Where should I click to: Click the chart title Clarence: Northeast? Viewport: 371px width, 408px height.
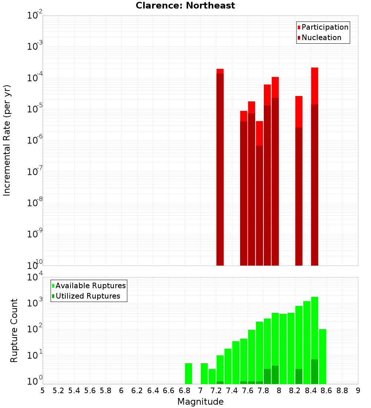[185, 6]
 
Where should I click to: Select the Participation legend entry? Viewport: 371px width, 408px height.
[325, 27]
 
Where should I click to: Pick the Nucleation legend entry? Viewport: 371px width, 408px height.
[321, 37]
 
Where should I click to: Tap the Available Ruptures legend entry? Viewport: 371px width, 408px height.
[91, 286]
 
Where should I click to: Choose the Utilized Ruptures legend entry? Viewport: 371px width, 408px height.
[88, 296]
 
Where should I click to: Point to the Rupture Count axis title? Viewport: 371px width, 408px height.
[14, 330]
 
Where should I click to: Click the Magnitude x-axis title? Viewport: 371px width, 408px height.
[200, 402]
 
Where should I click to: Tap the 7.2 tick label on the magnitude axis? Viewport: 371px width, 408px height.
[216, 391]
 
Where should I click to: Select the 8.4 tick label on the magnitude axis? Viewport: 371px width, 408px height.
[311, 391]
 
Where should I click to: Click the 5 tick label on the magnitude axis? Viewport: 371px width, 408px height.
[43, 391]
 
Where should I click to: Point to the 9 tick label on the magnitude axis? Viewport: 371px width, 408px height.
[358, 391]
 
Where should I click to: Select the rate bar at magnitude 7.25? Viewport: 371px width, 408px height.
[220, 167]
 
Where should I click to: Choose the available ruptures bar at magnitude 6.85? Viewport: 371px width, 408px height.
[188, 374]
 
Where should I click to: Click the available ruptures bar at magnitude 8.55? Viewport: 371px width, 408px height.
[322, 356]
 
